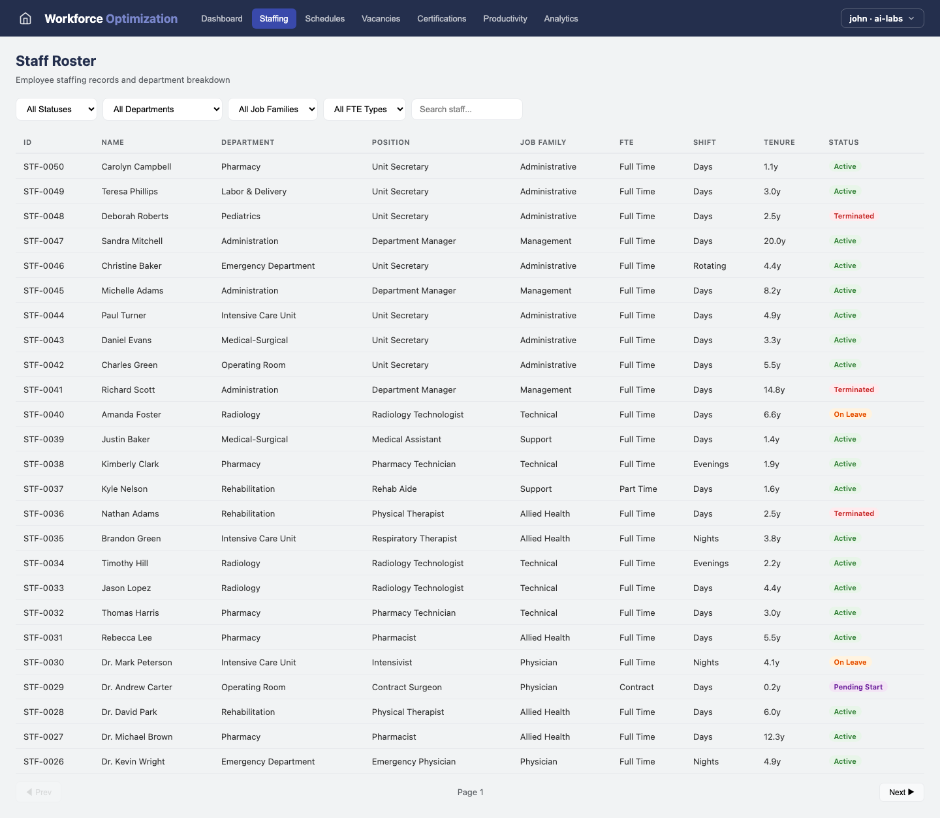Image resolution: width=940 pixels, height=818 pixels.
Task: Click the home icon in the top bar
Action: [25, 18]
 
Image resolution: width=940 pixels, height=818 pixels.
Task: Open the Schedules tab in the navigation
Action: [324, 18]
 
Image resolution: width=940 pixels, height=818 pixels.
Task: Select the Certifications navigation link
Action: [441, 18]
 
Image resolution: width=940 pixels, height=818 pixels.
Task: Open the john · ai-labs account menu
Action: [881, 18]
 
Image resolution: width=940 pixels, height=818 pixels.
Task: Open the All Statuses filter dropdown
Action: [57, 110]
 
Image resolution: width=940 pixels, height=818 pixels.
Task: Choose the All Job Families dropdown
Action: [272, 110]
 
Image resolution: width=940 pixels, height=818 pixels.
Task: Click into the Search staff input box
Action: [466, 110]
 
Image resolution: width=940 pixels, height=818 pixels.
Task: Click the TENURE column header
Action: [779, 142]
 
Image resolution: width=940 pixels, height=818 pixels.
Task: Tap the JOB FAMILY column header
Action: [542, 142]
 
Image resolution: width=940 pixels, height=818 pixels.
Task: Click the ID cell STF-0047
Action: [44, 241]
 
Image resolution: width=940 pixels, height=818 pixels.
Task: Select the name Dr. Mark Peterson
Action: [136, 663]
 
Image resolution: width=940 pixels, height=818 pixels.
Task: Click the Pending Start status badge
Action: [858, 688]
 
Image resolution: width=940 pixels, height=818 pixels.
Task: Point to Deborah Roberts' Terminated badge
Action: [853, 217]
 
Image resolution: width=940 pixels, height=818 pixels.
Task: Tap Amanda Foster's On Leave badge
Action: [849, 415]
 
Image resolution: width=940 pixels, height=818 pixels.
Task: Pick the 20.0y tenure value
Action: [774, 241]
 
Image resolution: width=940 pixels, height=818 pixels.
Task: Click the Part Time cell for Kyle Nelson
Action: [638, 489]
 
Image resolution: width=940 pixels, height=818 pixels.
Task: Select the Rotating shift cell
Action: [709, 266]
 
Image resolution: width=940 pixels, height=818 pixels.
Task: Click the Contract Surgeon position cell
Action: [407, 688]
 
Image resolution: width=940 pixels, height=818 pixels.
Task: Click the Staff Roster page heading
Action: [55, 61]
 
